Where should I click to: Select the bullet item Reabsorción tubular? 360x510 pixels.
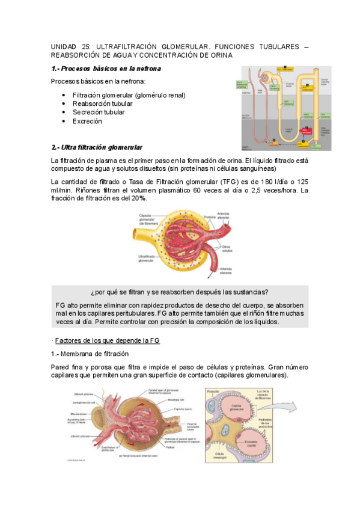coord(103,103)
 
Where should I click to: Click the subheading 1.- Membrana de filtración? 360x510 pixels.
coord(90,354)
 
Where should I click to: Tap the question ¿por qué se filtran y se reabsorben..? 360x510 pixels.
coord(179,293)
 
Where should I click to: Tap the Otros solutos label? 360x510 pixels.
coord(227,248)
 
